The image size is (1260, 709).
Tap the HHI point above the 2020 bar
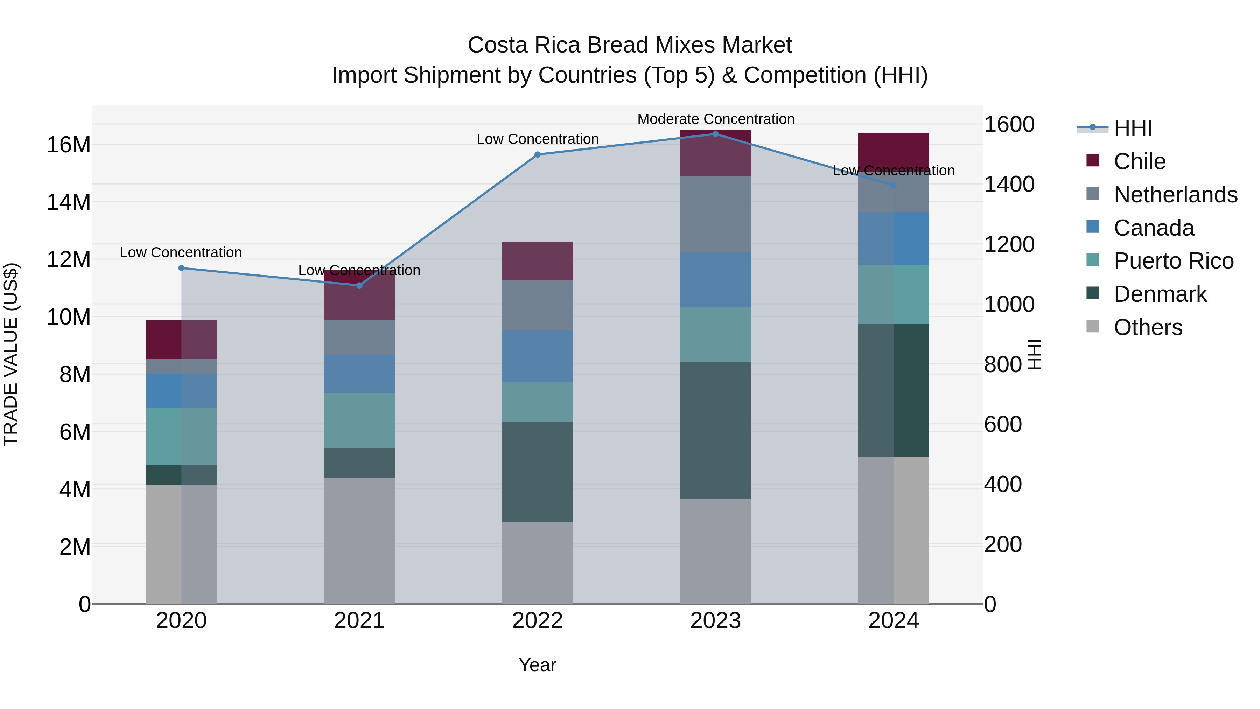click(181, 268)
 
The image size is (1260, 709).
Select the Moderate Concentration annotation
click(716, 119)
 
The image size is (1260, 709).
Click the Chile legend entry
click(1139, 161)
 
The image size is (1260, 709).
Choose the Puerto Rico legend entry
click(1173, 261)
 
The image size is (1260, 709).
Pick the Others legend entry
click(1148, 327)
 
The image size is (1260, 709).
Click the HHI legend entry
click(1133, 128)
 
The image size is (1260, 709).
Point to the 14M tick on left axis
click(69, 202)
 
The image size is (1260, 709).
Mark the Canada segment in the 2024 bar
click(893, 239)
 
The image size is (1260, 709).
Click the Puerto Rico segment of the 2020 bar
click(181, 437)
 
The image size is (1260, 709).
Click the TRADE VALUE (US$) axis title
click(11, 354)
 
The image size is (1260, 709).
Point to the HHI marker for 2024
click(893, 186)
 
